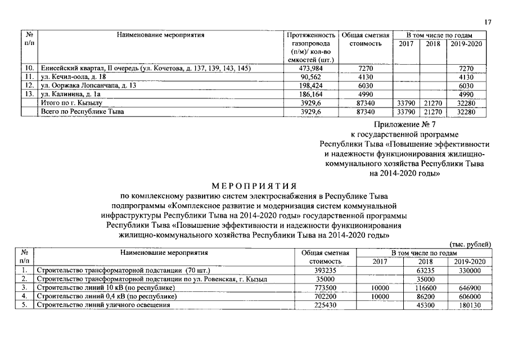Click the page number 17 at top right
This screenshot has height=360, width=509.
coord(488,22)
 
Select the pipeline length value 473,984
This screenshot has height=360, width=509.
coord(311,69)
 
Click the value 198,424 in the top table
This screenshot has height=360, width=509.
coord(311,85)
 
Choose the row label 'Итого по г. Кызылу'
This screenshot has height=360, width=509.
coord(69,103)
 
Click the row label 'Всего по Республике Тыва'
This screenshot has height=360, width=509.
coord(80,112)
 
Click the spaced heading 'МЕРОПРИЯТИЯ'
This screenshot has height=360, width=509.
coord(254,185)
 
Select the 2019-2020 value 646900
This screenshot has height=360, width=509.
coord(470,287)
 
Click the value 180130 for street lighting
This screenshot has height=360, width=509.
coord(470,305)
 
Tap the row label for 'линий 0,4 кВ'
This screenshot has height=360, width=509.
coord(105,296)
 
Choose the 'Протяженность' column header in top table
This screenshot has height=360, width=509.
coord(311,35)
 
